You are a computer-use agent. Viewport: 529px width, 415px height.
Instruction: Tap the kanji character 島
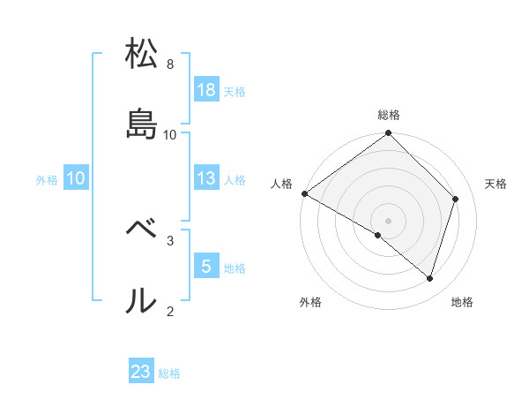141,124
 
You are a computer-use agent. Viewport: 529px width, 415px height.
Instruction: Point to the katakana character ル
141,300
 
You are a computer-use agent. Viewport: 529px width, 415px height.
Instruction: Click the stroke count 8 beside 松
170,64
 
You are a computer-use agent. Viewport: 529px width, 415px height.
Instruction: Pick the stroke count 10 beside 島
171,134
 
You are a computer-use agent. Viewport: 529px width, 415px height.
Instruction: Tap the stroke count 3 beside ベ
170,239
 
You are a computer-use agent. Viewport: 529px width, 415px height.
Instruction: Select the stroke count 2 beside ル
170,310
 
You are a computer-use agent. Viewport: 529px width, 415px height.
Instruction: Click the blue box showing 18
206,89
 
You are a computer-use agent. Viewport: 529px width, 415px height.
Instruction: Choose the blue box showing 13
206,178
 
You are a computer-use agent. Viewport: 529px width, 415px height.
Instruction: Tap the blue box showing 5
206,266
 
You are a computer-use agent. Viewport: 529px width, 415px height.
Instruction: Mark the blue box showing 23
141,372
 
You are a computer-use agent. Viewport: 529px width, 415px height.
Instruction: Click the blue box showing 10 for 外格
76,178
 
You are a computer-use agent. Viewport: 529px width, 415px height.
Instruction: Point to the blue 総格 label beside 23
169,373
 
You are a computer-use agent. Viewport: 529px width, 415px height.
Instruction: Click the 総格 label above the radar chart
389,115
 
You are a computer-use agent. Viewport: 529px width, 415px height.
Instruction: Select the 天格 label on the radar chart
495,184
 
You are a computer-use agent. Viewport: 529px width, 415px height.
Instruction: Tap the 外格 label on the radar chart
310,302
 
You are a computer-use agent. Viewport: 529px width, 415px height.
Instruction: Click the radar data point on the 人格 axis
304,193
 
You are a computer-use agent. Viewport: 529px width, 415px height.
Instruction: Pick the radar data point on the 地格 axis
430,278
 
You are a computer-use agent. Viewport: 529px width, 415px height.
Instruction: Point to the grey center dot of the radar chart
389,220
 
